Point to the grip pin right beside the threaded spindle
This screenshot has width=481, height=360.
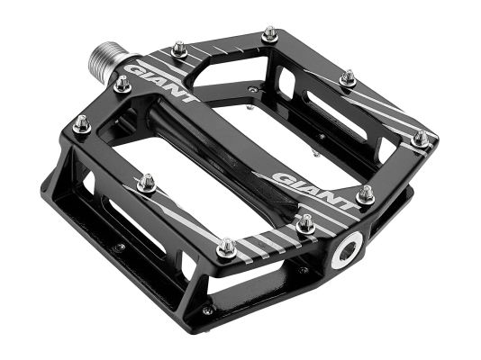point(122,85)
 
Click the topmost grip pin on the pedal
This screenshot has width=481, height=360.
point(268,34)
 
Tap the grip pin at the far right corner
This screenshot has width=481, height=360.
point(419,139)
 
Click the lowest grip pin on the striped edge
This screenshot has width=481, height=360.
point(227,247)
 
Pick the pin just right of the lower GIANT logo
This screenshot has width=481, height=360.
point(365,193)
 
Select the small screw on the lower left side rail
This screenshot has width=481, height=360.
point(118,246)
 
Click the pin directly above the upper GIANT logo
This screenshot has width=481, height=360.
point(178,49)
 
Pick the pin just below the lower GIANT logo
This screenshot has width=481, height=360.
point(305,222)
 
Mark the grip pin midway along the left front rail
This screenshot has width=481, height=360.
point(147,183)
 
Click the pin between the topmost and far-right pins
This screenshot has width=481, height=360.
point(348,79)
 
